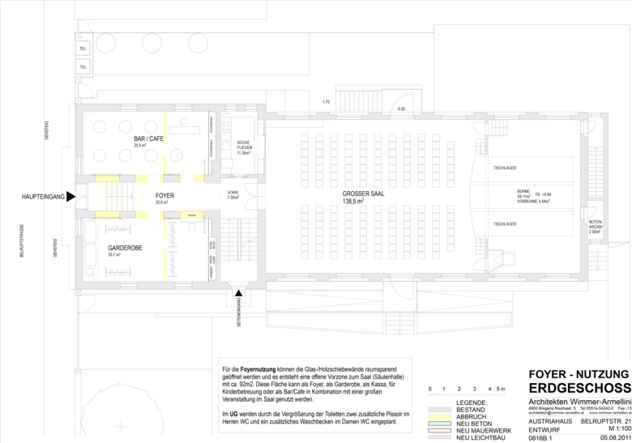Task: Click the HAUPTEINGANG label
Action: pos(43,197)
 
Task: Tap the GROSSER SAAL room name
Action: pos(363,194)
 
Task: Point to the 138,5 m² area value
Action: pos(353,202)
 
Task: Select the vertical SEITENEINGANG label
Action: pos(238,311)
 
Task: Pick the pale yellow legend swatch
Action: pos(439,417)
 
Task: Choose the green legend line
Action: pos(439,424)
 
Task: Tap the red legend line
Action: pos(439,430)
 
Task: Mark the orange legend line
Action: pos(439,437)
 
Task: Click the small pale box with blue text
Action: pos(192,215)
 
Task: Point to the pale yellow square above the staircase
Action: pos(107,178)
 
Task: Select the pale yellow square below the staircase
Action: pos(107,215)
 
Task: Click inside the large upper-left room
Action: pos(122,142)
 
